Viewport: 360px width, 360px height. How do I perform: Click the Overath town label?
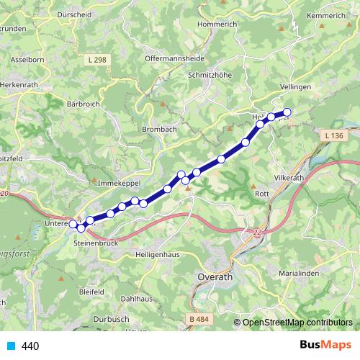pos(214,276)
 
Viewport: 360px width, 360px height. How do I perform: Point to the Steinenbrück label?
pos(96,245)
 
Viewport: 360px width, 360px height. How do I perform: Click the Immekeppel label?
pos(117,185)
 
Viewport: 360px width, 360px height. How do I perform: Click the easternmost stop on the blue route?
pos(287,112)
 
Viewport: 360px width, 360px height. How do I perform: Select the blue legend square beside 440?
pos(10,346)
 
